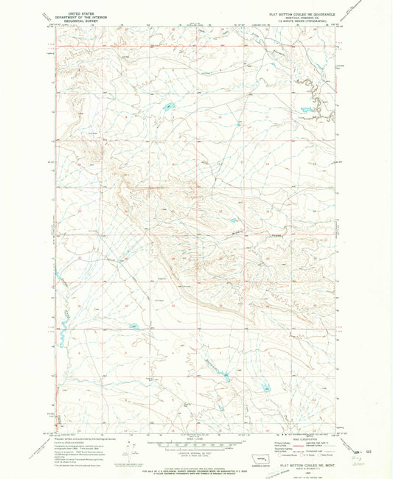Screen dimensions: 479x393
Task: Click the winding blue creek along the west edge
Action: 61,324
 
